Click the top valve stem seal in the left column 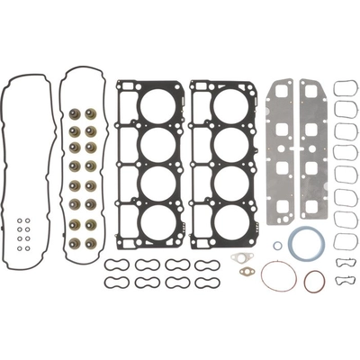74,114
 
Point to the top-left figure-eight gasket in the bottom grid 114,265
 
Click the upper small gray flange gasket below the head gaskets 239,257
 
